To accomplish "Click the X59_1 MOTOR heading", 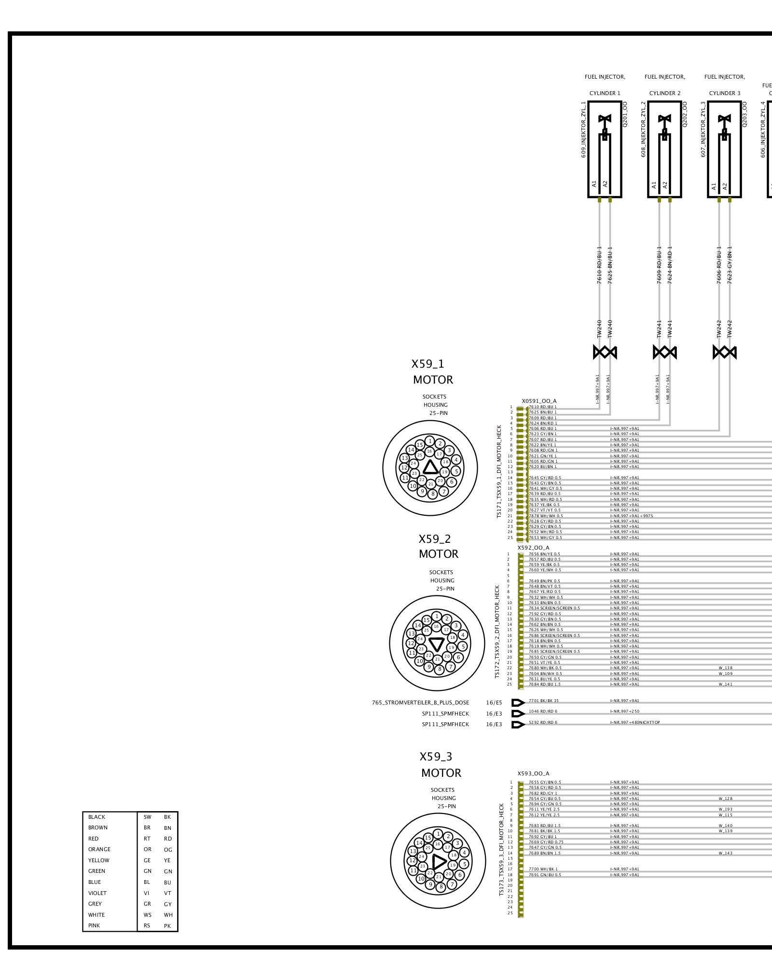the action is click(x=432, y=372).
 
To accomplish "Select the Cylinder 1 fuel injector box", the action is click(x=605, y=149).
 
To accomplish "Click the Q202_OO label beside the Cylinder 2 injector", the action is click(x=685, y=114).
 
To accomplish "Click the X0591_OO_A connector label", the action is click(x=539, y=401).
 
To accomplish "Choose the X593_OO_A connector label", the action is click(x=533, y=773).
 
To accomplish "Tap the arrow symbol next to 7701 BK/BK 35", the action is click(x=518, y=703).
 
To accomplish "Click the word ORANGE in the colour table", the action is click(x=99, y=849).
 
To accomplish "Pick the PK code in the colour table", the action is click(x=167, y=926).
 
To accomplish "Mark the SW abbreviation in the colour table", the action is click(x=147, y=817).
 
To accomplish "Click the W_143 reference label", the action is click(x=725, y=853).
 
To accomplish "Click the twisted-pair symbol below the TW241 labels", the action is click(x=664, y=353).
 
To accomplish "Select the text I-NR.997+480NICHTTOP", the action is click(x=635, y=722).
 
